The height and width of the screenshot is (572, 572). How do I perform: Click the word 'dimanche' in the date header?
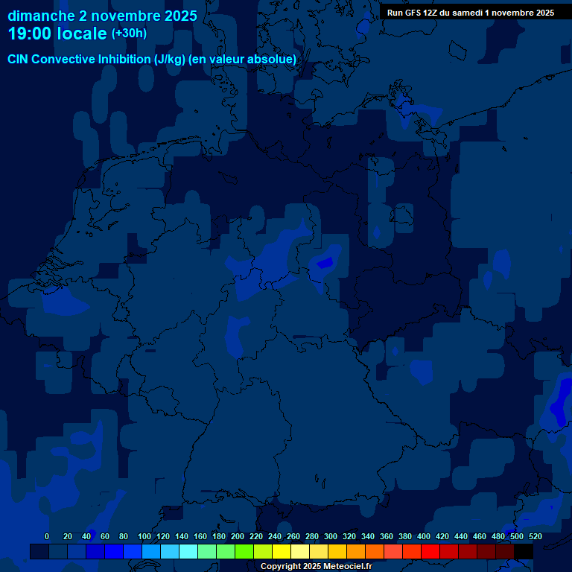(x=41, y=16)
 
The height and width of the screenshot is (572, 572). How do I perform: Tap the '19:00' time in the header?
(x=30, y=34)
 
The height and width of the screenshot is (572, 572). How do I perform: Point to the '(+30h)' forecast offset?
(x=129, y=34)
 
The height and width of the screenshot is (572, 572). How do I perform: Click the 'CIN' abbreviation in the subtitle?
(x=18, y=60)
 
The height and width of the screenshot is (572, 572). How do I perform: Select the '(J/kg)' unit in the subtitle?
(x=171, y=60)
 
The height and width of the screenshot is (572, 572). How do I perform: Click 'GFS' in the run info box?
(x=412, y=13)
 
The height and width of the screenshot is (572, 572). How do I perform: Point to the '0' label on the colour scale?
(x=47, y=536)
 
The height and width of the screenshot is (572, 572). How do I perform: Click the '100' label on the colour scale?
(x=144, y=536)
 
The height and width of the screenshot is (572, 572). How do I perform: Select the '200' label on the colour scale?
(x=238, y=536)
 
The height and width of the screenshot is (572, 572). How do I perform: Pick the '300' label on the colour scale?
(x=331, y=536)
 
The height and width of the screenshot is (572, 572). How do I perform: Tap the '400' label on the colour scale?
(x=424, y=536)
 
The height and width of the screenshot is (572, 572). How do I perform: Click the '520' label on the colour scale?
(x=535, y=536)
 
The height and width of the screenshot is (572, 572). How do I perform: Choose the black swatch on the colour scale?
(x=524, y=552)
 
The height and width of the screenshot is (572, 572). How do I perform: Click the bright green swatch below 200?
(x=244, y=552)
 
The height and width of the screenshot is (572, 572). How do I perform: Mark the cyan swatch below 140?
(x=188, y=552)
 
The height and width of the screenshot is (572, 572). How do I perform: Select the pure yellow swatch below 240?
(x=282, y=552)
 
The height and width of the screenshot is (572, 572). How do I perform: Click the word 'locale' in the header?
(x=81, y=34)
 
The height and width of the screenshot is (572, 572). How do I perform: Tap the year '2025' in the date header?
(x=180, y=16)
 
